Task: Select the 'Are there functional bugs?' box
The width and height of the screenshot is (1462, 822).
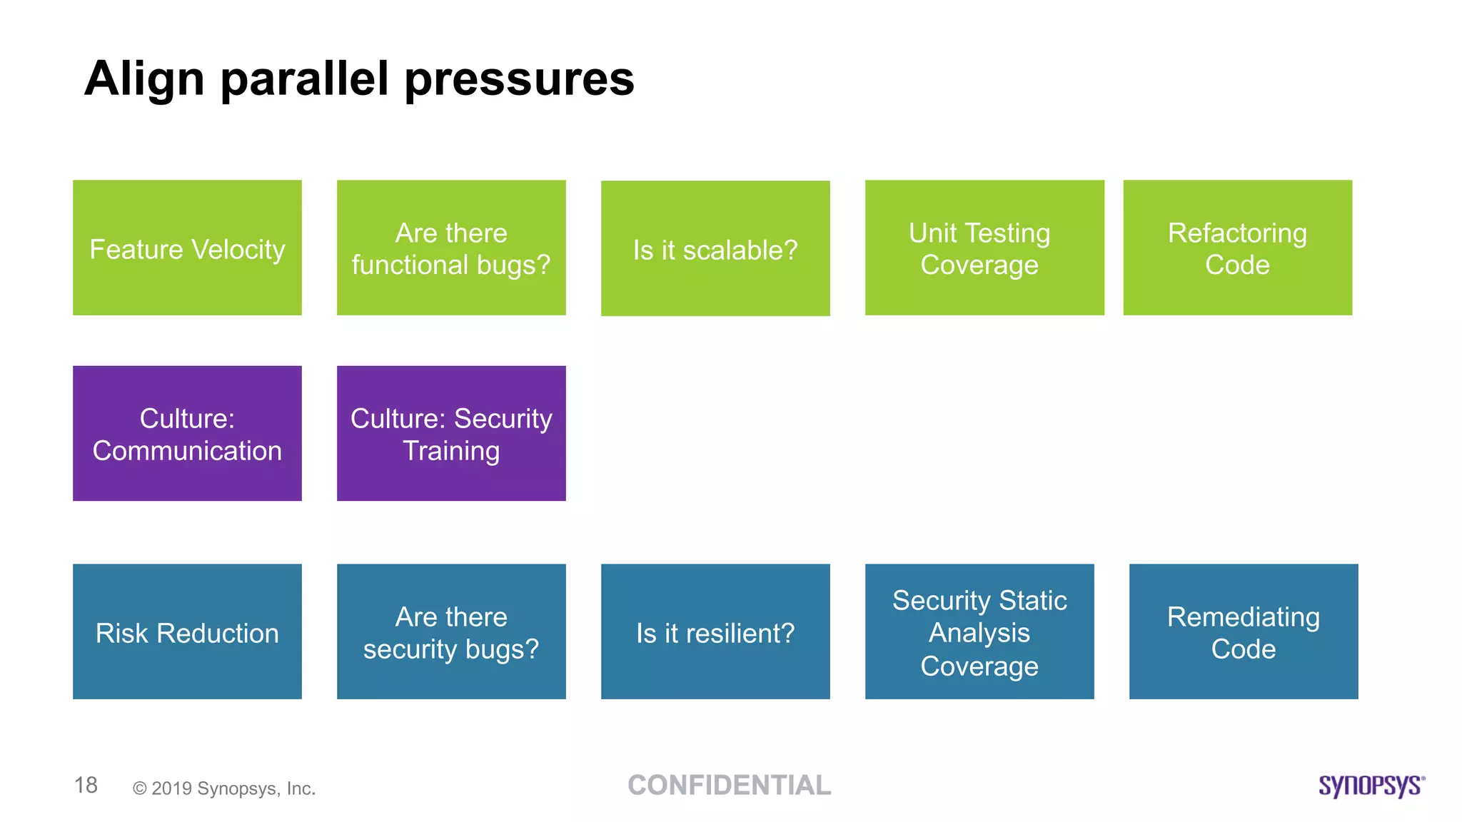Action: (451, 248)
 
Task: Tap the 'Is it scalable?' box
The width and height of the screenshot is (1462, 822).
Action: (715, 248)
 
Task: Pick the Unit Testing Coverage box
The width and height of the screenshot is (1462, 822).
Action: (984, 248)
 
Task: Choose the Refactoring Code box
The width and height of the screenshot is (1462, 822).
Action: (1237, 248)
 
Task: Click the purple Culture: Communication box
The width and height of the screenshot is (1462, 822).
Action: (187, 433)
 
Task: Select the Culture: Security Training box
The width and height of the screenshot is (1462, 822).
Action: (451, 433)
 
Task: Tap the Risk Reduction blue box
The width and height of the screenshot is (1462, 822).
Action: (187, 631)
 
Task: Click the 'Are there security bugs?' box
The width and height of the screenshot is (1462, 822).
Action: (451, 631)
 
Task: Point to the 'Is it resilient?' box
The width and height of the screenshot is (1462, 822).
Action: (715, 631)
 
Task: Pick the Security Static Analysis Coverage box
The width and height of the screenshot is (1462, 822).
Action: (979, 631)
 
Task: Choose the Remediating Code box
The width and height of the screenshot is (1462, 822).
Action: (1244, 631)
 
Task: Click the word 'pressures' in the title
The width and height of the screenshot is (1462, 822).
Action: (519, 80)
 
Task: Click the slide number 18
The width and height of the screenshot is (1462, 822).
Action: (86, 785)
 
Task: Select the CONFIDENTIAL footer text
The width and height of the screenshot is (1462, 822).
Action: (729, 785)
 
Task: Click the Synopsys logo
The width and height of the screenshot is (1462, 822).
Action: (1371, 785)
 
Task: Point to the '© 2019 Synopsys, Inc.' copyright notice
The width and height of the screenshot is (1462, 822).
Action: (224, 788)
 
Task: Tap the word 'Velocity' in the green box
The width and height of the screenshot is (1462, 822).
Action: (238, 250)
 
